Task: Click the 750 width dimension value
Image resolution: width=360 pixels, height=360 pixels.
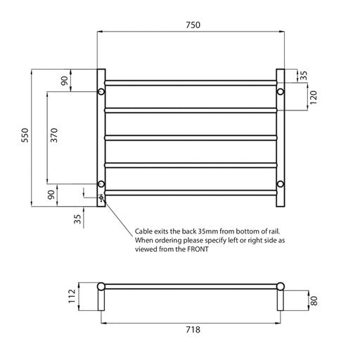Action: pos(192,25)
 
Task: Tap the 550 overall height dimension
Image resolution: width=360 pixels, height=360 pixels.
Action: pos(25,135)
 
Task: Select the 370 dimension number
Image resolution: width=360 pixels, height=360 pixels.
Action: pos(54,135)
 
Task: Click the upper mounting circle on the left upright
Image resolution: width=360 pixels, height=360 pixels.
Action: pos(101,92)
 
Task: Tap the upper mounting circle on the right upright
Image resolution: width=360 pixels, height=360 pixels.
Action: pos(281,92)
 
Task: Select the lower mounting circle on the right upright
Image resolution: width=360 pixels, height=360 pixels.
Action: pos(281,184)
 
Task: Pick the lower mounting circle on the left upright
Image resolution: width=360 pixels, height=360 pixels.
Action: pos(101,184)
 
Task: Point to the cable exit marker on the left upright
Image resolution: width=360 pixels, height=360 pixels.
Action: pos(101,198)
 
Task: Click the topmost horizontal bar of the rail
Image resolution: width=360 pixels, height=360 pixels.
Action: pos(191,83)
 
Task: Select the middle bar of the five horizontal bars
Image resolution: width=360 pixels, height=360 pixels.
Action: pos(191,137)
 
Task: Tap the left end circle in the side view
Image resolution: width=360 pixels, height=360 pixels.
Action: pos(101,286)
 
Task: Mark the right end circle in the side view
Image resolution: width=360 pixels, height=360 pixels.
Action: pos(281,286)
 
